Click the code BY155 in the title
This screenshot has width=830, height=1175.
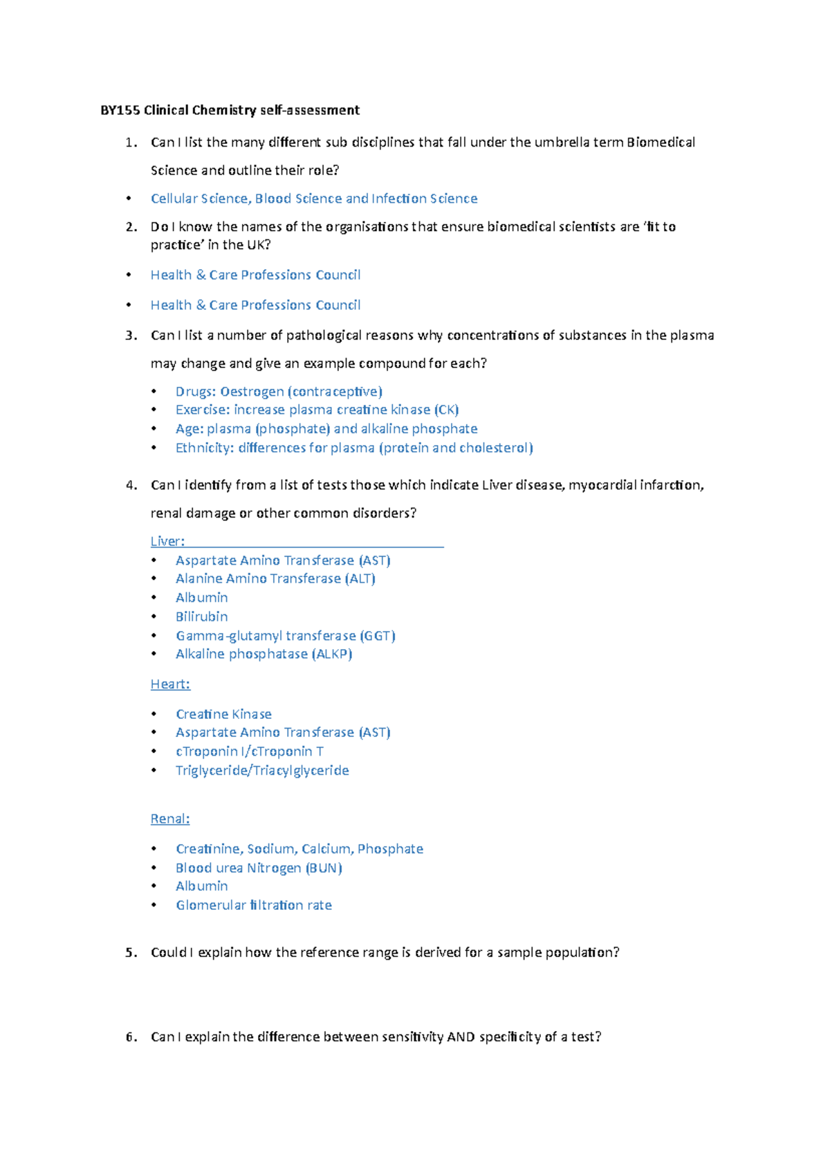120,110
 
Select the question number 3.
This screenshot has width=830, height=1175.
131,336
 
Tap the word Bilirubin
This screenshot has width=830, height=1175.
201,617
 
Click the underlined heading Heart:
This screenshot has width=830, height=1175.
170,684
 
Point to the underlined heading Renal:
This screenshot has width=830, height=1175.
170,819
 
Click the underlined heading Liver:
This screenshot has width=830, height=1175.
167,541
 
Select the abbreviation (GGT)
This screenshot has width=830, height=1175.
378,636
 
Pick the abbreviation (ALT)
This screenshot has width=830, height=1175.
360,579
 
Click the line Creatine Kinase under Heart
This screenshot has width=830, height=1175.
223,714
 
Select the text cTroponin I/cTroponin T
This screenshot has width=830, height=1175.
249,752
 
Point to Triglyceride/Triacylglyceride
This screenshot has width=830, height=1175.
262,771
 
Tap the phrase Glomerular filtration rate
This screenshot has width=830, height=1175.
254,905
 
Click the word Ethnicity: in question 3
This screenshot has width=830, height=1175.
205,448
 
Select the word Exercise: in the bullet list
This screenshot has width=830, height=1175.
203,410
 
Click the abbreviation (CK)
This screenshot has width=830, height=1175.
446,410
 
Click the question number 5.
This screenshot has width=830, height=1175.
131,953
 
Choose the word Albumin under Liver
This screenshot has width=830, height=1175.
201,598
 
